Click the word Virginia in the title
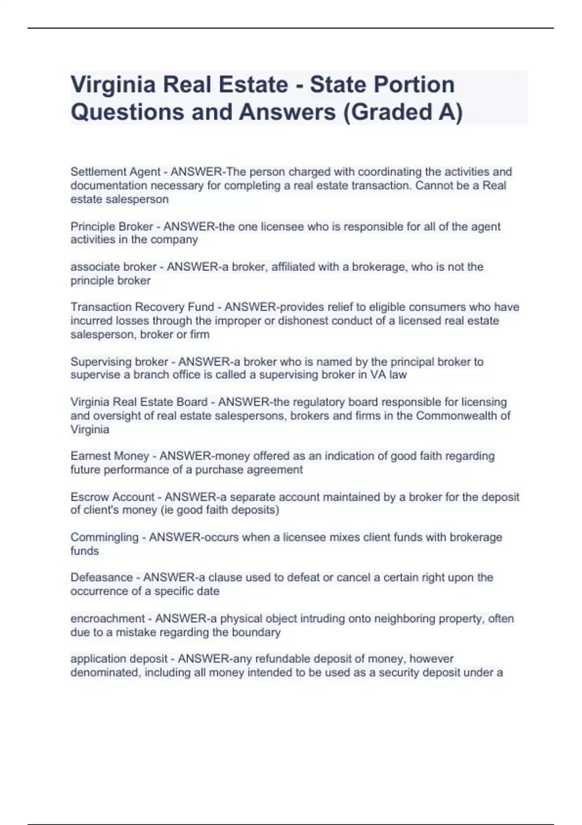pyautogui.click(x=113, y=85)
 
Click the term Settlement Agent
pyautogui.click(x=115, y=172)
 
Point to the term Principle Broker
pyautogui.click(x=112, y=227)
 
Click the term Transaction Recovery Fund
pyautogui.click(x=142, y=307)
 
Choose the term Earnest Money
pyautogui.click(x=110, y=456)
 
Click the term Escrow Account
pyautogui.click(x=113, y=497)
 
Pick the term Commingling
pyautogui.click(x=104, y=537)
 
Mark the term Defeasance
pyautogui.click(x=101, y=577)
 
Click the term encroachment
pyautogui.click(x=108, y=619)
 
